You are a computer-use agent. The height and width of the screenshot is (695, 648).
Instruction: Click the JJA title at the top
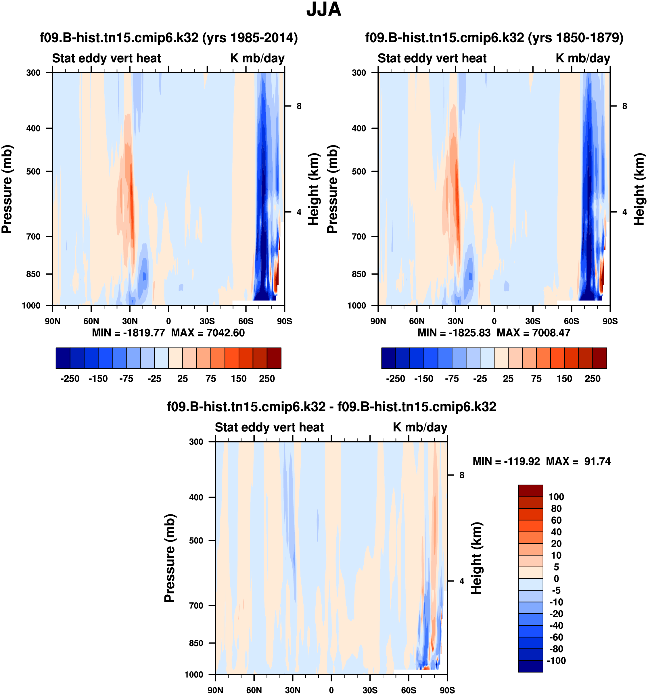pos(324,10)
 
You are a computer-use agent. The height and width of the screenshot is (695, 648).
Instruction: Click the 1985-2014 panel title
pos(168,37)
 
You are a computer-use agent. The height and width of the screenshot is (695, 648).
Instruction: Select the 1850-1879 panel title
pos(494,37)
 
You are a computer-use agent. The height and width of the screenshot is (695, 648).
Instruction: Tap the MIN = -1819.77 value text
pos(128,332)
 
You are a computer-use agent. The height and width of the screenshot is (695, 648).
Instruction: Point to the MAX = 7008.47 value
pos(533,332)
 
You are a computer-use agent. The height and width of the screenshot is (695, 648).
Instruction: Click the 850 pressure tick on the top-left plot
pos(34,274)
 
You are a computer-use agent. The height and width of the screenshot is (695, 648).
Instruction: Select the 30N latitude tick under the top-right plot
pos(455,321)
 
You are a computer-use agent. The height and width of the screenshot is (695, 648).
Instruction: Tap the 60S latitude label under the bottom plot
pos(409,690)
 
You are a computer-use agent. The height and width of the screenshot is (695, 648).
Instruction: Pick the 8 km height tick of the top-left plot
pos(299,106)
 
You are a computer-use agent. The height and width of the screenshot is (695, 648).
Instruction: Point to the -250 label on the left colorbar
pos(70,379)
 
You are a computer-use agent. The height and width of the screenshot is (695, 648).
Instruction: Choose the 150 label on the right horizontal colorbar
pos(564,379)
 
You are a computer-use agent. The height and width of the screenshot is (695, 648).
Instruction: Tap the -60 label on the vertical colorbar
pos(556,637)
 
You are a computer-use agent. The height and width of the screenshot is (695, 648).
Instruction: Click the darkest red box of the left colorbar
pos(274,358)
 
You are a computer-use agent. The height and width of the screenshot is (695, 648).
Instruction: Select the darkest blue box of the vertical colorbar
pos(530,666)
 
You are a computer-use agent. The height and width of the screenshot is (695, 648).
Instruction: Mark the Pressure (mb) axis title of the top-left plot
pos(7,189)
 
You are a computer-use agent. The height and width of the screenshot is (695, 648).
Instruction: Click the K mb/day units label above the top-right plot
pos(583,58)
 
